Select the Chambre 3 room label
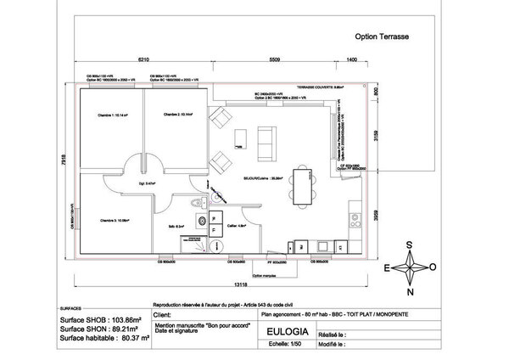coord(114,220)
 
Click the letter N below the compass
coord(411,293)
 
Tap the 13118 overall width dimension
coord(218,285)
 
